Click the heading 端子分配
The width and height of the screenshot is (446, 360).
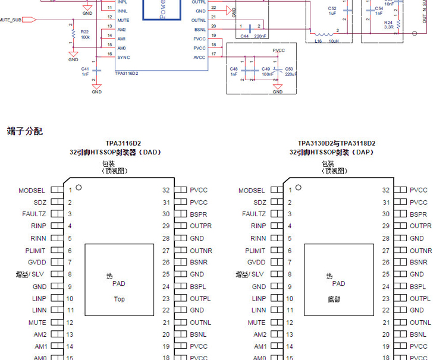24,131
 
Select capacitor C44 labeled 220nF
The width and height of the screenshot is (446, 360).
250,27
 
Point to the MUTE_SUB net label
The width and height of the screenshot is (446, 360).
11,20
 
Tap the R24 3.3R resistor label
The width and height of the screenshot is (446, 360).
388,24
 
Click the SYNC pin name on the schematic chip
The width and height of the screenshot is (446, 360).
123,58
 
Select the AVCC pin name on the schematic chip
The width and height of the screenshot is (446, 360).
199,58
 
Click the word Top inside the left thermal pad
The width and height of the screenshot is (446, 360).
120,299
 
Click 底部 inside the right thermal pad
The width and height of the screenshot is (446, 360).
334,299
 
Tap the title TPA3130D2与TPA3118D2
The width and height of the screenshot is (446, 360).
337,143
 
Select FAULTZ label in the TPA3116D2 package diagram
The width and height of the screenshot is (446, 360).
34,214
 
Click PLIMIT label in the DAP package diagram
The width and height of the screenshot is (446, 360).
255,250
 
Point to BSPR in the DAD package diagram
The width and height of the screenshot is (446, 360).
199,214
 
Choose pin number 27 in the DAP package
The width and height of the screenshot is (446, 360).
386,250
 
